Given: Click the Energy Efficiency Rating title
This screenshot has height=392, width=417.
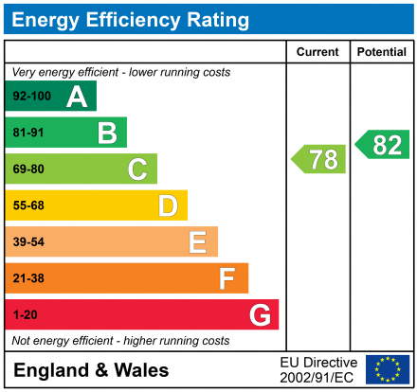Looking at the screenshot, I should click(131, 19).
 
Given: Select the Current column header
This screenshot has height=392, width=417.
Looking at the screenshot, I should click(317, 52).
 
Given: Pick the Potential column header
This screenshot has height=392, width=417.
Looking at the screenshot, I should click(383, 52).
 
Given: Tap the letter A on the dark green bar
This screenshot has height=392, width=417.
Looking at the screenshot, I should click(76, 97).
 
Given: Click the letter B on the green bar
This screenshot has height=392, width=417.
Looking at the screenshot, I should click(106, 133).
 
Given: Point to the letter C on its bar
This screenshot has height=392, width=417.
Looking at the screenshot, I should click(137, 169).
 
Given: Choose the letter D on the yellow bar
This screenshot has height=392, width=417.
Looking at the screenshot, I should click(168, 205).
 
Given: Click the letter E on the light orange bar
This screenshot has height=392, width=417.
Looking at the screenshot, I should click(197, 242).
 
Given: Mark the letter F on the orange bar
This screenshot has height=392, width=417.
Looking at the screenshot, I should click(227, 278).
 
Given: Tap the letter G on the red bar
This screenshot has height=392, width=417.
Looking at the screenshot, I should click(259, 314).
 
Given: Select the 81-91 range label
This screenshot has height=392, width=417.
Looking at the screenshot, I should click(27, 133).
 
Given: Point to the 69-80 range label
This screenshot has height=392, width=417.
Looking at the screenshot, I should click(27, 169).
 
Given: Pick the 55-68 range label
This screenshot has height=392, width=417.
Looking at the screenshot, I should click(27, 205).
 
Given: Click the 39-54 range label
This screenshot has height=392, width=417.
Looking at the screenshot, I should click(27, 242).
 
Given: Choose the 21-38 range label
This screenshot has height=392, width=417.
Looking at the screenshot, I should click(27, 278).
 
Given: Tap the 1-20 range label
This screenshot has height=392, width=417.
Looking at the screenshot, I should click(24, 314).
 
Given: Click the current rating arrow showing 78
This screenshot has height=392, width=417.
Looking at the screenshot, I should click(319, 159).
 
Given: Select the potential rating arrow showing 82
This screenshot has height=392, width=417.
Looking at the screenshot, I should click(383, 145).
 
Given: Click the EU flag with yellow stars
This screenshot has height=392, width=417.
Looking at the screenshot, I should click(388, 368).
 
